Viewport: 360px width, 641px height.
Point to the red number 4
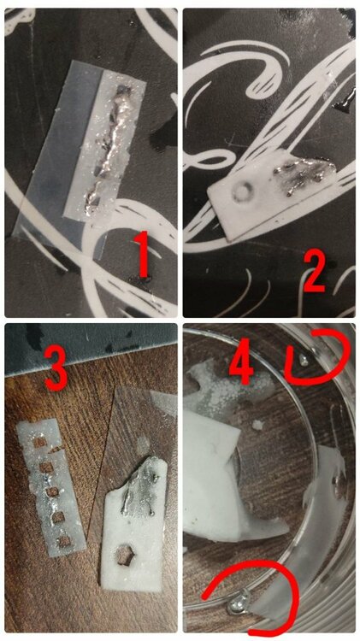[243, 359]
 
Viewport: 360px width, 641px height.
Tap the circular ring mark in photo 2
[240, 191]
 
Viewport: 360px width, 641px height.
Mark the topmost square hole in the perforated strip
[40, 442]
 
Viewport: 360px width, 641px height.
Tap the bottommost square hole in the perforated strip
[64, 541]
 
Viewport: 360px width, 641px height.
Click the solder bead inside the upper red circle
[304, 360]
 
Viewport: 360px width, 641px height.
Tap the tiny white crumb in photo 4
[257, 425]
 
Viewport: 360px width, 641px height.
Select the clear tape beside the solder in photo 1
[49, 151]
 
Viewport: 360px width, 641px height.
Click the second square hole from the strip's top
[46, 468]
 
